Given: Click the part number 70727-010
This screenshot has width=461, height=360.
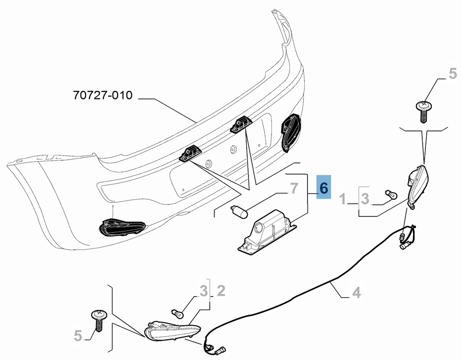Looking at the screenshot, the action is (x=103, y=95).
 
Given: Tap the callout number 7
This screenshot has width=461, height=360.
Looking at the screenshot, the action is (x=294, y=189).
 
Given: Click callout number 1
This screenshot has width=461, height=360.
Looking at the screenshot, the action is (x=343, y=199).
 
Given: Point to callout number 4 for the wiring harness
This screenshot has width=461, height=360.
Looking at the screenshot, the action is (x=357, y=292).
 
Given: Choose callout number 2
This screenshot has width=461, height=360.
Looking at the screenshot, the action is (x=221, y=291).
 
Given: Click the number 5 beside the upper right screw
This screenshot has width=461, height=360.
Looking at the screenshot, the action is (x=453, y=73).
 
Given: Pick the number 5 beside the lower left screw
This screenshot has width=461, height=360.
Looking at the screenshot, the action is (x=77, y=336).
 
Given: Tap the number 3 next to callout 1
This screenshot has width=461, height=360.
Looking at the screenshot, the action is (x=365, y=199).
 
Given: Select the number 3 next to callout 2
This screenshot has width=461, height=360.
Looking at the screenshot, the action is (x=203, y=291).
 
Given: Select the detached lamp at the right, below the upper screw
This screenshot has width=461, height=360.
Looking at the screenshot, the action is (x=417, y=187).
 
